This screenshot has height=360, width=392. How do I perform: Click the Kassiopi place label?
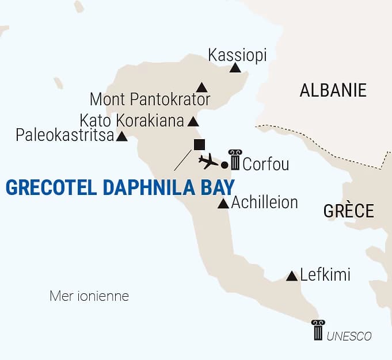pos(237,55)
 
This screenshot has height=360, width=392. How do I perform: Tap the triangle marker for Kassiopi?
pos(235,68)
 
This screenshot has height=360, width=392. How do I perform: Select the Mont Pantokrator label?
pos(150,99)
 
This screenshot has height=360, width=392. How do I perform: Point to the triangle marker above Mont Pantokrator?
pos(201,87)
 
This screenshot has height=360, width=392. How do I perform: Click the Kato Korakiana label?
pos(132,121)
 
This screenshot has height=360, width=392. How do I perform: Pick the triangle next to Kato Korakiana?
pos(193,122)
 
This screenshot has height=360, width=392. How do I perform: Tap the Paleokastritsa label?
pos(64,136)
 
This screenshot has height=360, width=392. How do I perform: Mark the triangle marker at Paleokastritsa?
pos(122,137)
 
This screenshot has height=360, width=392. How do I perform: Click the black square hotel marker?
pos(199,144)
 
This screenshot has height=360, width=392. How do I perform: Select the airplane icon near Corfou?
pos(208,162)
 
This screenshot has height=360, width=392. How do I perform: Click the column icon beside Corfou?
pos(235,159)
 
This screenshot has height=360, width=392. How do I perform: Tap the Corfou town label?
pos(265,164)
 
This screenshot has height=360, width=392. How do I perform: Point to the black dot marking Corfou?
pos(224,166)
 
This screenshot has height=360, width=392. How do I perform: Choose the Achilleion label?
pos(264,202)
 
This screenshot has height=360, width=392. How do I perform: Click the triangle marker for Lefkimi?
pos(292,276)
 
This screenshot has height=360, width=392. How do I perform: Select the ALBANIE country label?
pos(333,90)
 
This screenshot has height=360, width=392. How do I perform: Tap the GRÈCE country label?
pos(348,210)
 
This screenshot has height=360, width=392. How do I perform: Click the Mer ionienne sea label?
pos(89,297)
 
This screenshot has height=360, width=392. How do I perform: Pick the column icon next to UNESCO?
pos(318,330)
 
